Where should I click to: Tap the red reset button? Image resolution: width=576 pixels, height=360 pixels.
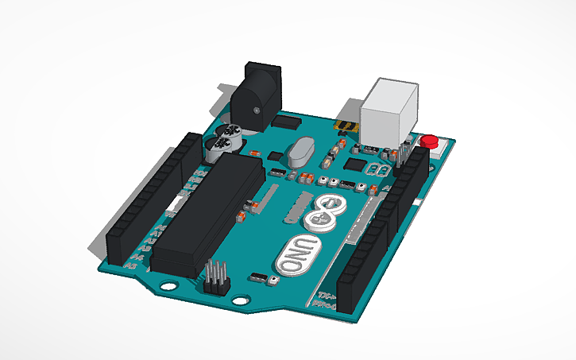(430, 142)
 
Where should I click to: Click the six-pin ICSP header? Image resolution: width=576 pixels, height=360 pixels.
(217, 277)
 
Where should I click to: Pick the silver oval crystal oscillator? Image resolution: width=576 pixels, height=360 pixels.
(302, 151)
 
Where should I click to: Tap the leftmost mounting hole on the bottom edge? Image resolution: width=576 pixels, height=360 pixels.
(169, 283)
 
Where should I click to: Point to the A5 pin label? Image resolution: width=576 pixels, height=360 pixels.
(131, 267)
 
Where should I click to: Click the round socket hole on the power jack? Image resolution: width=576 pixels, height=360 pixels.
(256, 109)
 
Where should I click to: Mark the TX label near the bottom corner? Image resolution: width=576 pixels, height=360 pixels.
(316, 296)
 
